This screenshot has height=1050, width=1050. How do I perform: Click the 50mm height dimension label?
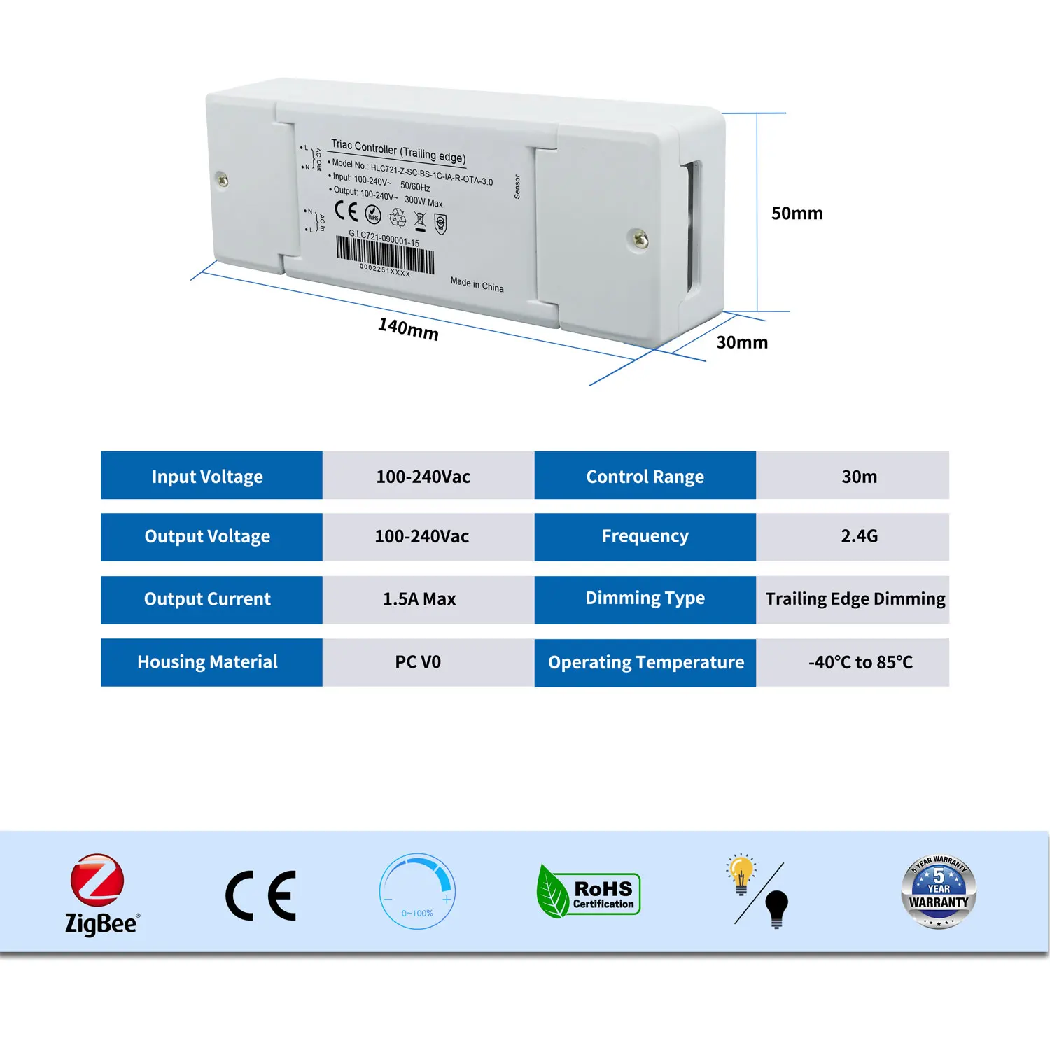(x=797, y=213)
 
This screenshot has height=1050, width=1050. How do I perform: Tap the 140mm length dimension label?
(x=408, y=328)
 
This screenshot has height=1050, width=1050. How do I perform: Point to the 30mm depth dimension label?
(x=742, y=342)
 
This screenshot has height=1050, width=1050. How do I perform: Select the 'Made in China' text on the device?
(x=477, y=284)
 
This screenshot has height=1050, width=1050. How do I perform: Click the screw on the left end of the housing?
(x=223, y=180)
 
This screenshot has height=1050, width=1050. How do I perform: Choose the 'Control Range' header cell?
(x=645, y=476)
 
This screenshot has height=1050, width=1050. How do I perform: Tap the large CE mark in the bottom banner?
(x=261, y=895)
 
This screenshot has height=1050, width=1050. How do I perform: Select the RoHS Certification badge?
(x=589, y=892)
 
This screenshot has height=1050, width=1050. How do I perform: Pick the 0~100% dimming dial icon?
(x=417, y=890)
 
